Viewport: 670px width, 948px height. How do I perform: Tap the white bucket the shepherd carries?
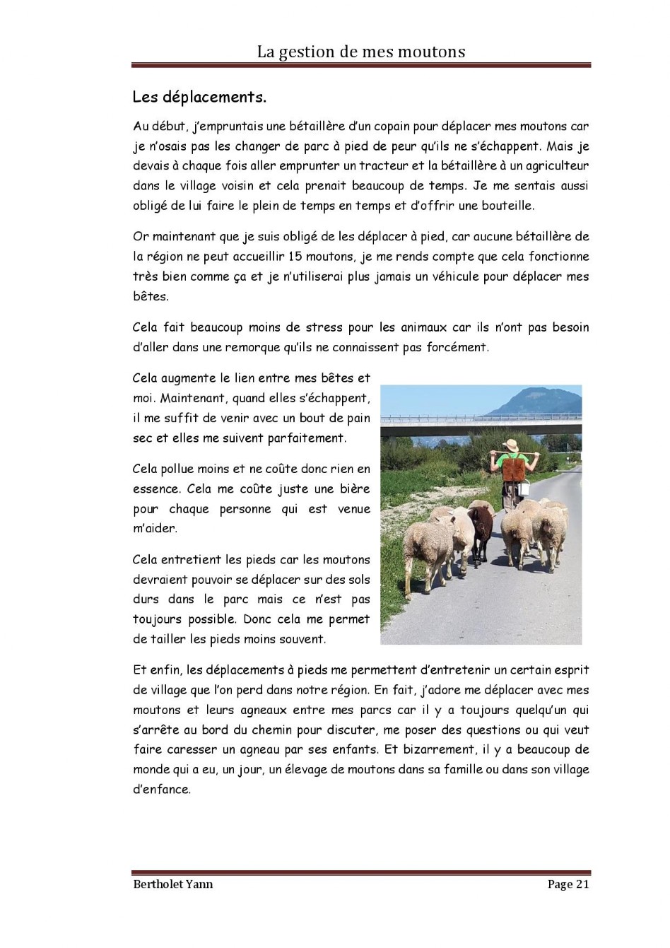524,490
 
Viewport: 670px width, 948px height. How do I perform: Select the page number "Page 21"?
568,884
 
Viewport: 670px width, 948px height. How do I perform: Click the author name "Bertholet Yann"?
173,884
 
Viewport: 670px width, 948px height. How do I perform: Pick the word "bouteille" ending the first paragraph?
508,206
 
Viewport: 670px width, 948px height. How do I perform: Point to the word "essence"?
155,488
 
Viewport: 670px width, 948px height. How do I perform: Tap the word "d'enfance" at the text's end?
162,789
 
